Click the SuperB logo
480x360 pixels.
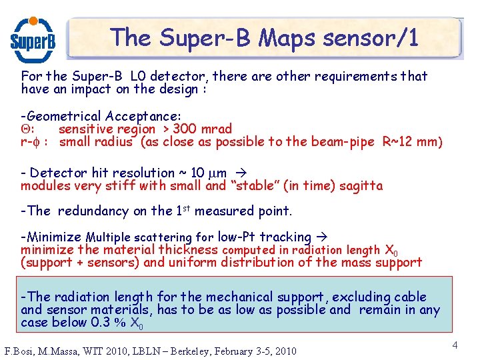pos(33,39)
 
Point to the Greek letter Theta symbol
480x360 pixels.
pos(27,129)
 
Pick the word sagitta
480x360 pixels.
pos(360,186)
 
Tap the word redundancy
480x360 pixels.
pos(93,211)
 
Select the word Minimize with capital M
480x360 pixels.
pos(54,237)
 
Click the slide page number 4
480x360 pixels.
pos(455,345)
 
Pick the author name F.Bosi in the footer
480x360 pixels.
pos(21,351)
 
